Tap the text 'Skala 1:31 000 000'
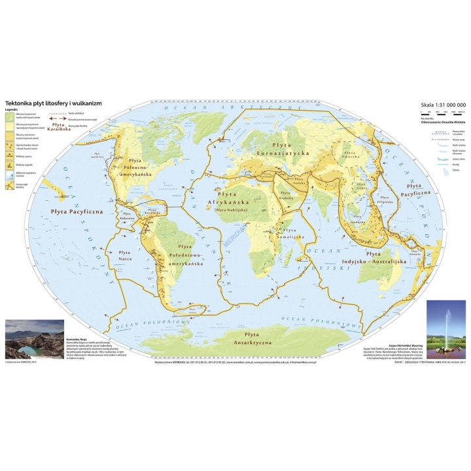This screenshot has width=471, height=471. click(443, 105)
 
